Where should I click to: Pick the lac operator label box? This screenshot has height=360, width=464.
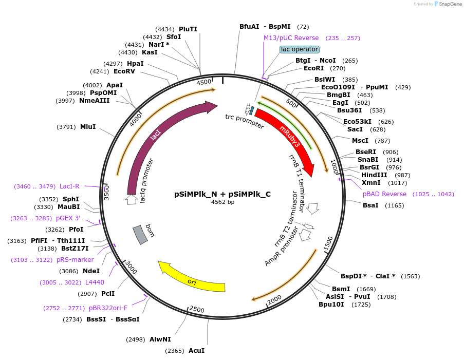[x=299, y=49]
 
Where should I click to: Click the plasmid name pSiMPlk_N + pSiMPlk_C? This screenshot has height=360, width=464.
[x=222, y=194]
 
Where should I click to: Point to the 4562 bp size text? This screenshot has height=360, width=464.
[x=222, y=202]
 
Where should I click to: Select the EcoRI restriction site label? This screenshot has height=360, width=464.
[x=313, y=68]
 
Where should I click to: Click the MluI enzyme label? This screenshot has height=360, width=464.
[x=88, y=126]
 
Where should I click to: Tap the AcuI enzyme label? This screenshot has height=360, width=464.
[x=196, y=351]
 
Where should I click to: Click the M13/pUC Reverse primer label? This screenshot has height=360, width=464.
[x=291, y=38]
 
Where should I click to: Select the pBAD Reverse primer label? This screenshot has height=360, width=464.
[x=384, y=194]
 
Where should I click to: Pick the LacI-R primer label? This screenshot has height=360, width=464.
[x=69, y=186]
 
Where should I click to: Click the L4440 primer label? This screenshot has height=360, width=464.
[x=95, y=282]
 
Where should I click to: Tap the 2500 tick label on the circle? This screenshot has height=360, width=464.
[x=197, y=309]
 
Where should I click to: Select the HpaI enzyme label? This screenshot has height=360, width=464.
[x=135, y=63]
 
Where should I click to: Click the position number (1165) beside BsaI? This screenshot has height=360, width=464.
[x=395, y=205]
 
